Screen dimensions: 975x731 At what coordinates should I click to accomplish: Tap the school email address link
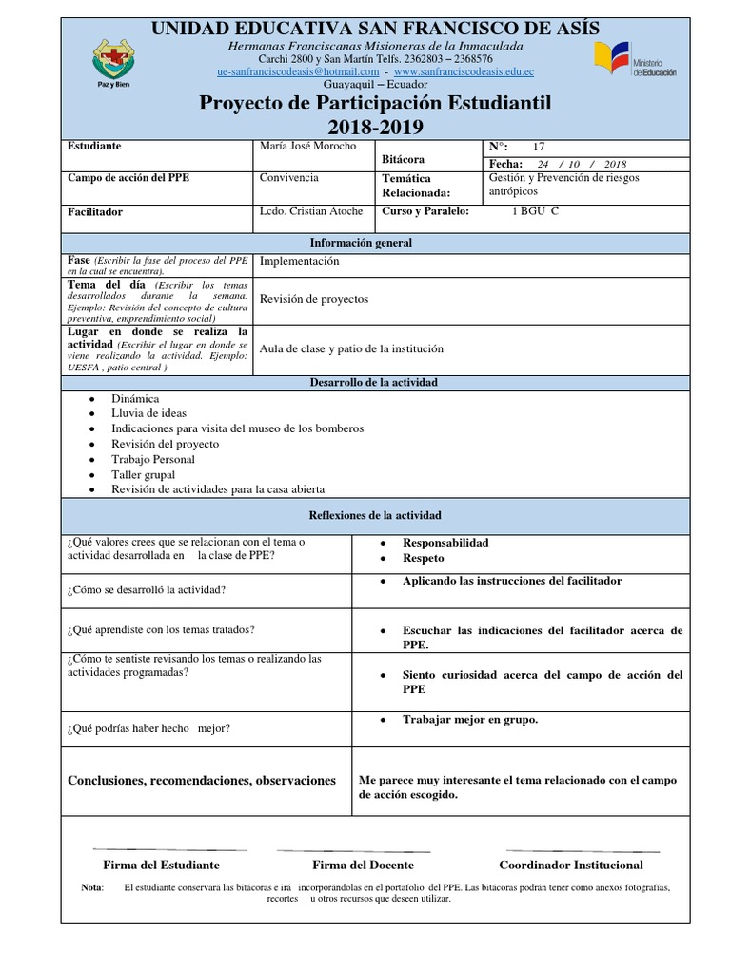[x=298, y=71]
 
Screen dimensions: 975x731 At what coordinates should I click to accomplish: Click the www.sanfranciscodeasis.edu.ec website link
[x=464, y=71]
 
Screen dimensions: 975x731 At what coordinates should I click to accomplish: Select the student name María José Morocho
[x=307, y=146]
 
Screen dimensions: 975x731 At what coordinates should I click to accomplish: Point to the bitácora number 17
[x=539, y=147]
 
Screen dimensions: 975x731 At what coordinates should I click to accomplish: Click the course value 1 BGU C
[x=535, y=210]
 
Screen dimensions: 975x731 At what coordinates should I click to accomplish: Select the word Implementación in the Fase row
[x=299, y=261]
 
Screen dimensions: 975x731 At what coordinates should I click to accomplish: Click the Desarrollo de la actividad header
[x=374, y=382]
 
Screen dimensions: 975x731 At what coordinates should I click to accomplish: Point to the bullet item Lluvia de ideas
[x=148, y=413]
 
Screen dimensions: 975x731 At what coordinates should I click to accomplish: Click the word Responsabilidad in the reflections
[x=445, y=543]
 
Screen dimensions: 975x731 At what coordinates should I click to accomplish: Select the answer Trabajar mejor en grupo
[x=470, y=719]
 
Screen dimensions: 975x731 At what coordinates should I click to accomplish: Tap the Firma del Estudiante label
[x=161, y=865]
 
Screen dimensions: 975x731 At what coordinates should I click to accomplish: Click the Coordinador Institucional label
[x=571, y=865]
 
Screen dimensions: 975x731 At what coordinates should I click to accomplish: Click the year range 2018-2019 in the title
[x=376, y=128]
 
